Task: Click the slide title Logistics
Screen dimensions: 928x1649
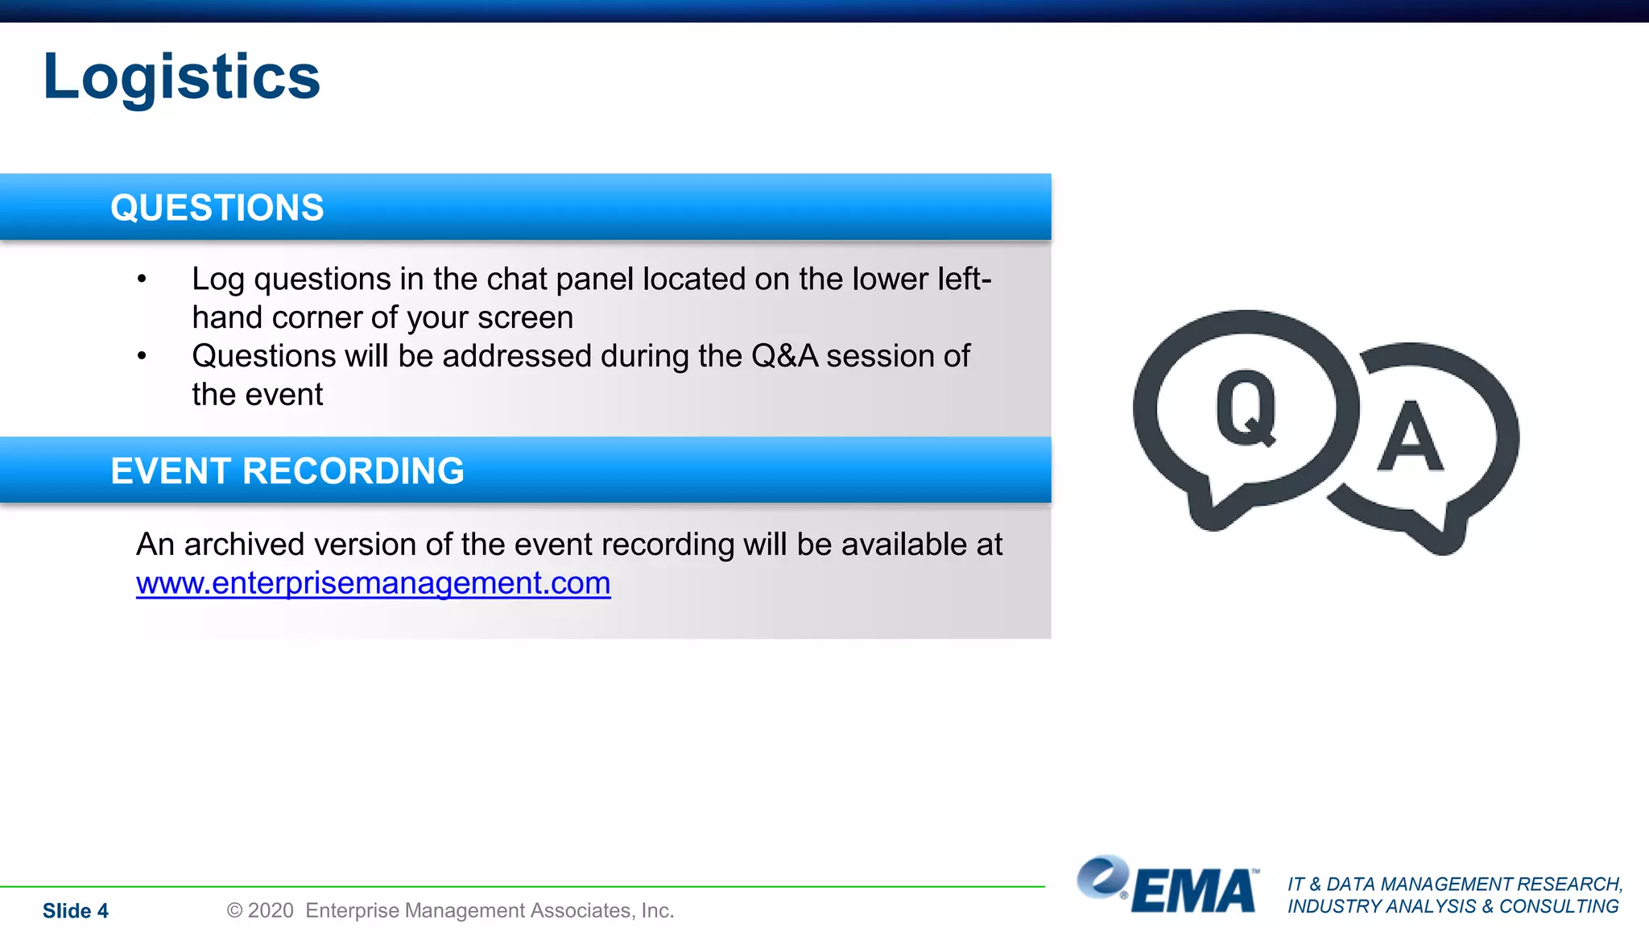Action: click(182, 77)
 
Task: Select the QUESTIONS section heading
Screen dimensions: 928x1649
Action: click(217, 208)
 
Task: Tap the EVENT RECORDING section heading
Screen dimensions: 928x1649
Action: click(287, 471)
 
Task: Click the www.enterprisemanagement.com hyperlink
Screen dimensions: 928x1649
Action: click(373, 583)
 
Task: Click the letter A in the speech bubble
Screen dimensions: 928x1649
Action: click(1410, 437)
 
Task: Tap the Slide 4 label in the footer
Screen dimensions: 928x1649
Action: click(76, 911)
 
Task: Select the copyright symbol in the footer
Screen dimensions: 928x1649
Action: click(234, 911)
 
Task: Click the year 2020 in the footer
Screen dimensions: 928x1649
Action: click(271, 911)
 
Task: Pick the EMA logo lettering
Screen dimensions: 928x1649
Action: click(1195, 892)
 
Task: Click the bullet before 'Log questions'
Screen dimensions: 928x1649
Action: click(142, 280)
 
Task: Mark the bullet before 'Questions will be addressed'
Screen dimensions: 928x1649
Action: click(142, 356)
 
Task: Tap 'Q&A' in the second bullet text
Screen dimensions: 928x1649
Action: click(784, 356)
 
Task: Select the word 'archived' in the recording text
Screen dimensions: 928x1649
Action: click(245, 545)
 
